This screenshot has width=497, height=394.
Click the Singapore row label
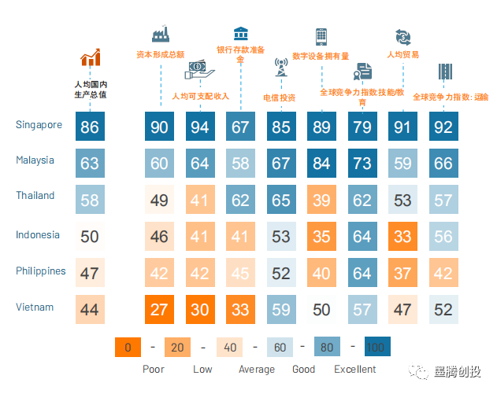point(39,124)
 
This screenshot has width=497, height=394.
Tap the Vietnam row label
point(35,306)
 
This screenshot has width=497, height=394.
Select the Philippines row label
point(41,271)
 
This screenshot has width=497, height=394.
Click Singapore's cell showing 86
point(90,127)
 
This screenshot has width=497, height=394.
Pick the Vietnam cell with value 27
point(159,309)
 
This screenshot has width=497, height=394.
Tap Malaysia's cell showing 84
point(321,164)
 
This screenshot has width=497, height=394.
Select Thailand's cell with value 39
point(321,200)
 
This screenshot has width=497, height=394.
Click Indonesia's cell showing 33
point(402,236)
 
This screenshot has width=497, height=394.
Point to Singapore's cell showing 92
point(443,127)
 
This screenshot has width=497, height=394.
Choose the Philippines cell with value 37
point(402,273)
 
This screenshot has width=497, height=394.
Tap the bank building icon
point(240,33)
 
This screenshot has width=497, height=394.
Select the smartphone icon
point(321,36)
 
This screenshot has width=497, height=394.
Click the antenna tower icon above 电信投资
point(280,66)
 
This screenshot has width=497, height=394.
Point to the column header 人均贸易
point(402,55)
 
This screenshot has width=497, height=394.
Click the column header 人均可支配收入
point(200,96)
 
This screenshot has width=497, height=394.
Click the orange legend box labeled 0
point(127,347)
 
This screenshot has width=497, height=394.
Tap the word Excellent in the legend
point(355,369)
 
